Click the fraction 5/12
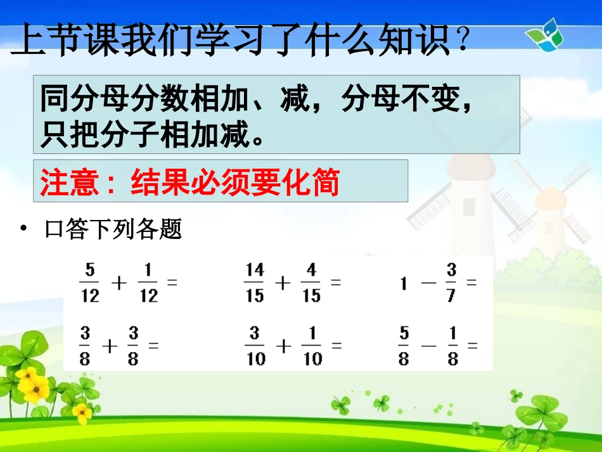pyautogui.click(x=90, y=283)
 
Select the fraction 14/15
pyautogui.click(x=254, y=283)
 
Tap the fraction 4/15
pyautogui.click(x=311, y=283)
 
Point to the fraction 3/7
pyautogui.click(x=451, y=283)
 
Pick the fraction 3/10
pyautogui.click(x=256, y=345)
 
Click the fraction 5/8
pyautogui.click(x=404, y=345)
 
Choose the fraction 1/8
pyautogui.click(x=452, y=345)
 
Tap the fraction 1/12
pyautogui.click(x=148, y=283)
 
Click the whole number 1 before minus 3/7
pyautogui.click(x=403, y=284)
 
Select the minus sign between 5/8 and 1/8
pyautogui.click(x=428, y=346)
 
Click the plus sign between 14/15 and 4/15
pyautogui.click(x=283, y=283)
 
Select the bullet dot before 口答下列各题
pyautogui.click(x=24, y=229)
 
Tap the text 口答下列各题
pyautogui.click(x=114, y=229)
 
